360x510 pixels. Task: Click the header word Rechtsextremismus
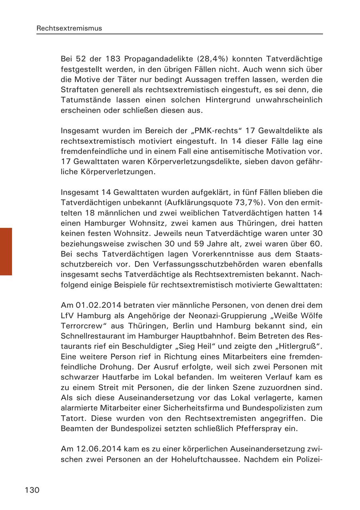(69, 28)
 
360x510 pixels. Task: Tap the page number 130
(32, 490)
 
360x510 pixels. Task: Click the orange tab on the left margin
(6, 251)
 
